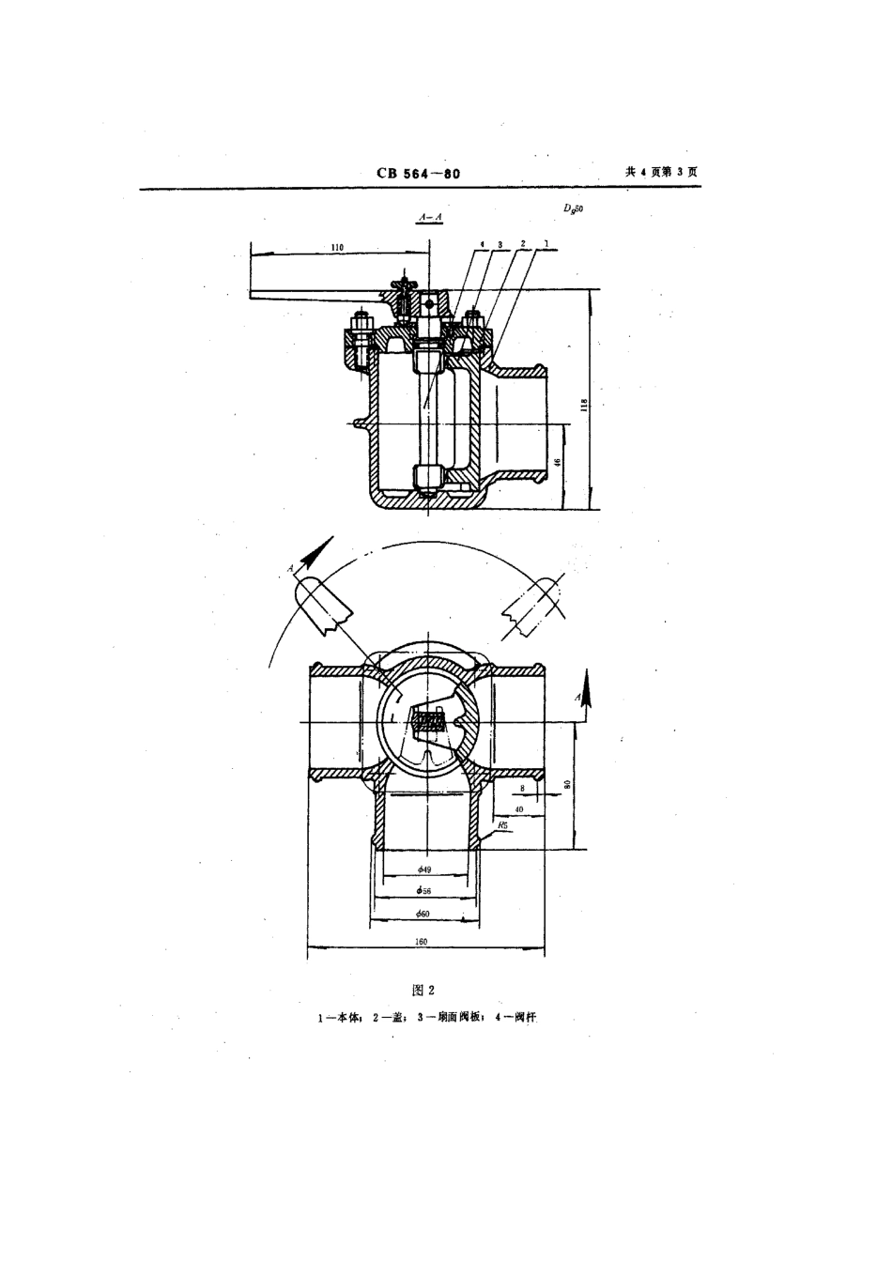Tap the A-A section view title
coord(428,217)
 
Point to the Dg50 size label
coord(574,212)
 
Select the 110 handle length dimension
coord(338,247)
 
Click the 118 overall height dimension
coord(584,405)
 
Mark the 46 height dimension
coord(558,462)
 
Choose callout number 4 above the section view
coord(482,243)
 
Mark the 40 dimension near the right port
coord(518,807)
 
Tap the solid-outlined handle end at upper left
coord(324,606)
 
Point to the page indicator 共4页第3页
coord(661,172)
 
